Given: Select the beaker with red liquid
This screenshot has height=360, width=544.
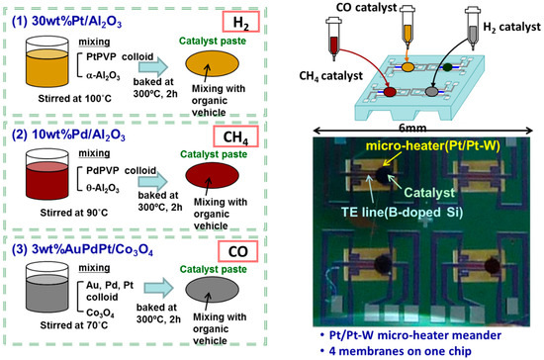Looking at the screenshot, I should point(38,175).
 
